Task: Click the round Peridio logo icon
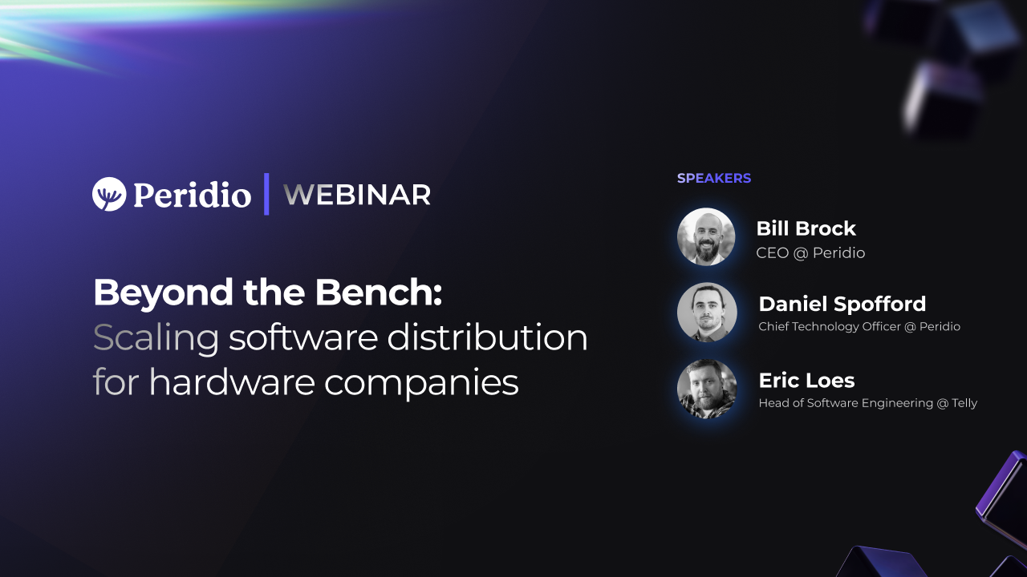109,194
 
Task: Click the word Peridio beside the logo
192,195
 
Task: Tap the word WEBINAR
357,195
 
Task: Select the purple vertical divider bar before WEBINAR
266,194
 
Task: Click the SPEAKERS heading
714,178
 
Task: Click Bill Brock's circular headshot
706,236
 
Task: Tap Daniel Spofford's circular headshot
707,313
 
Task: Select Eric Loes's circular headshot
707,389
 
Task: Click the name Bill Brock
806,228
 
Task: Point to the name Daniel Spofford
842,304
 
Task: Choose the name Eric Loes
806,381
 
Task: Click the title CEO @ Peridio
810,252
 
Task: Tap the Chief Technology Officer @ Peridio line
859,326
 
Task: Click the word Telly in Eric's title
964,403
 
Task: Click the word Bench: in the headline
378,292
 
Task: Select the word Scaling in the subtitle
156,338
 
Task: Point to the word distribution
487,337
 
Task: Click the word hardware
232,381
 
